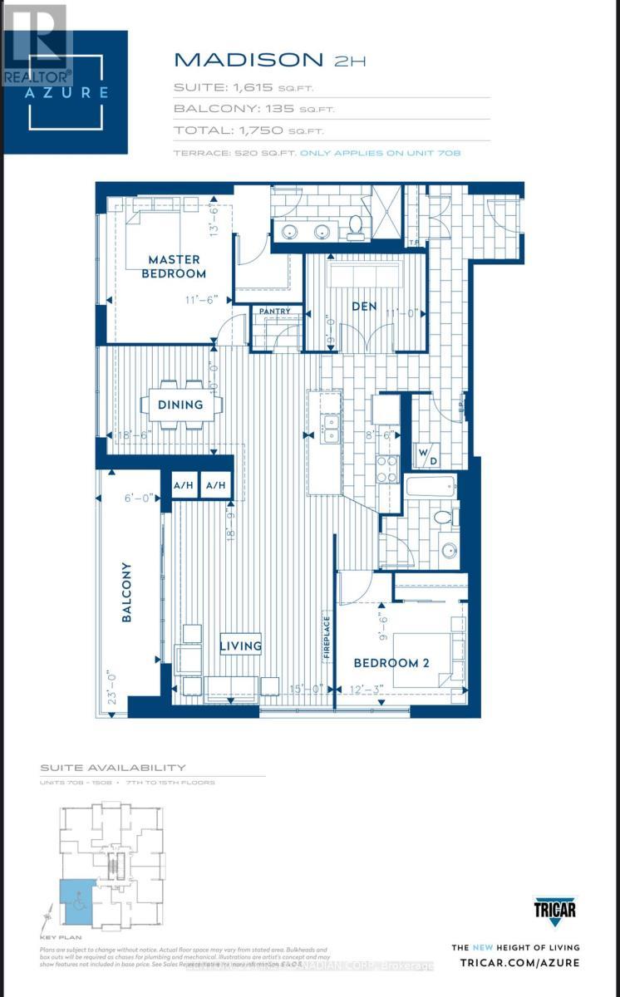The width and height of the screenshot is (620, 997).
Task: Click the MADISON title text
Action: [x=248, y=59]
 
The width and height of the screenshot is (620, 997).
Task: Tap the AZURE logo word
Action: [x=66, y=92]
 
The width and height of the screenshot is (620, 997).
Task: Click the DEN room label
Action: [x=364, y=306]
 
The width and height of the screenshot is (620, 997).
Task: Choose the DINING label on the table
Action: [x=180, y=405]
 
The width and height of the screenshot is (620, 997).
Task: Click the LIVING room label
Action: [x=241, y=645]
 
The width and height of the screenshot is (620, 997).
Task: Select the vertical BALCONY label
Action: [x=126, y=592]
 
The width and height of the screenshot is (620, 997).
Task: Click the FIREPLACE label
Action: [x=327, y=637]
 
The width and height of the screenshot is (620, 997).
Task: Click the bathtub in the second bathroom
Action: [x=431, y=485]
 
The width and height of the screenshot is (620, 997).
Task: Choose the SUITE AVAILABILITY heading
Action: [x=113, y=768]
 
